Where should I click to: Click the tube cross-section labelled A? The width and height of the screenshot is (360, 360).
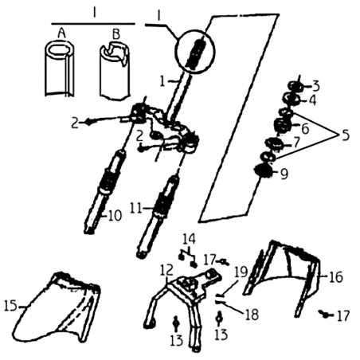60,68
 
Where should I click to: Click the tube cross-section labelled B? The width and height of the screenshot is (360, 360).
115,71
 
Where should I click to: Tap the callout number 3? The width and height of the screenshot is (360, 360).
316,86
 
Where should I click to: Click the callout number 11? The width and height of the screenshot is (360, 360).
136,208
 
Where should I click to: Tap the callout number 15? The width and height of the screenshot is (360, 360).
10,306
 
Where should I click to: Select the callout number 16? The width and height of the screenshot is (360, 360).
336,277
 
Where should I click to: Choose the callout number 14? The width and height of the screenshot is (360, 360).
189,239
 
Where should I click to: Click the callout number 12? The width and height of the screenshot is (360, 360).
166,270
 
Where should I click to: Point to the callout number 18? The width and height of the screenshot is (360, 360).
252,315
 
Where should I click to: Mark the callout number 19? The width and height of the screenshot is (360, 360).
241,272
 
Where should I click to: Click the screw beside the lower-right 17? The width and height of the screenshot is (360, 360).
325,315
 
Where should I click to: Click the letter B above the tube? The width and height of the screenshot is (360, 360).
115,34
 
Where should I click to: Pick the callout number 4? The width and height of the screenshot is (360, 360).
313,100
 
